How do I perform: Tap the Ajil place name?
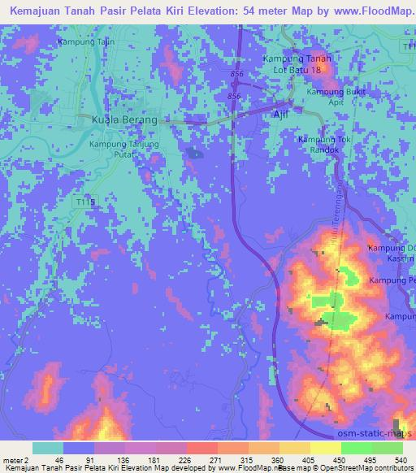click(x=280, y=114)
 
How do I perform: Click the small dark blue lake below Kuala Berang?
click(x=193, y=152)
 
